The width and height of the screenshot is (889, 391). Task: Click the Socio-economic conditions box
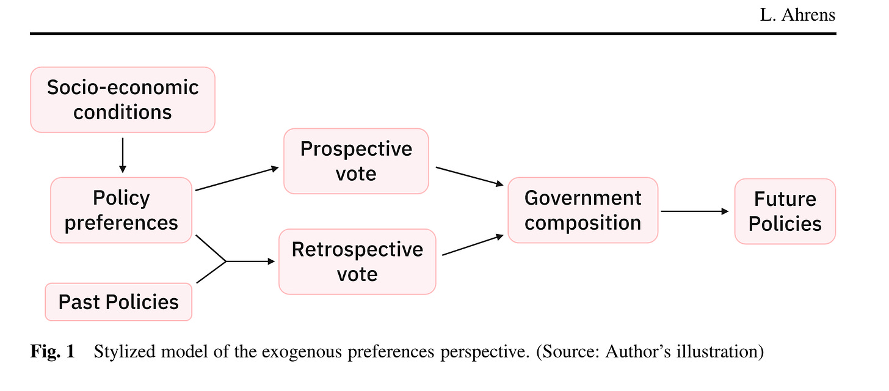(x=123, y=100)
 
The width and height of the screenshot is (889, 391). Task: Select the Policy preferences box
(x=122, y=210)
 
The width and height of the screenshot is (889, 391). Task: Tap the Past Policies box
(x=118, y=302)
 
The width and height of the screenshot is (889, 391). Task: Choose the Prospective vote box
(x=356, y=161)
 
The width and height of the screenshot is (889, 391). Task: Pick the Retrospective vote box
(x=357, y=261)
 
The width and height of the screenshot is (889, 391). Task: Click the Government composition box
(x=582, y=211)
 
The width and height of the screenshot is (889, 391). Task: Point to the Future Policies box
(x=785, y=211)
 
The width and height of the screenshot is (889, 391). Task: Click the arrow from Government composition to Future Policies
(x=695, y=211)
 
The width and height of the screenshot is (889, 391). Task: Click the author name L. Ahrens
(x=797, y=15)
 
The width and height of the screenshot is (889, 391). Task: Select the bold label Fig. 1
(x=53, y=353)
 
